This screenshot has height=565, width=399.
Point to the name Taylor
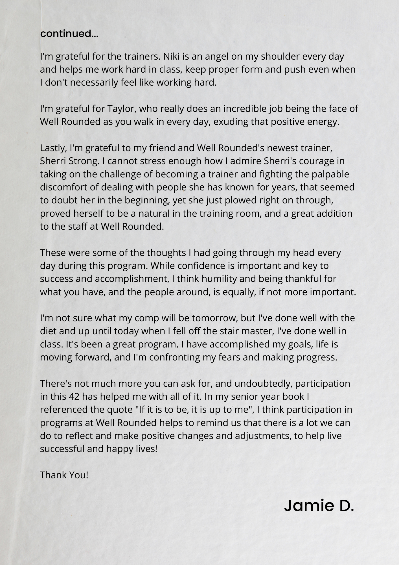click(x=120, y=109)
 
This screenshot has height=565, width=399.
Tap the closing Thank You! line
click(x=64, y=475)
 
